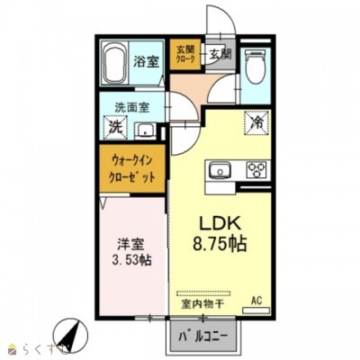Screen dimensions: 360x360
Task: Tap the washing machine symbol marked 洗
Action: click(115, 127)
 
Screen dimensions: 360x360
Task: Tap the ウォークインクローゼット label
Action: click(132, 168)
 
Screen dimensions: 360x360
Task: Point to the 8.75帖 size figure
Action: click(218, 243)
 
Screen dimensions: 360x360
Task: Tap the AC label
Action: click(256, 300)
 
